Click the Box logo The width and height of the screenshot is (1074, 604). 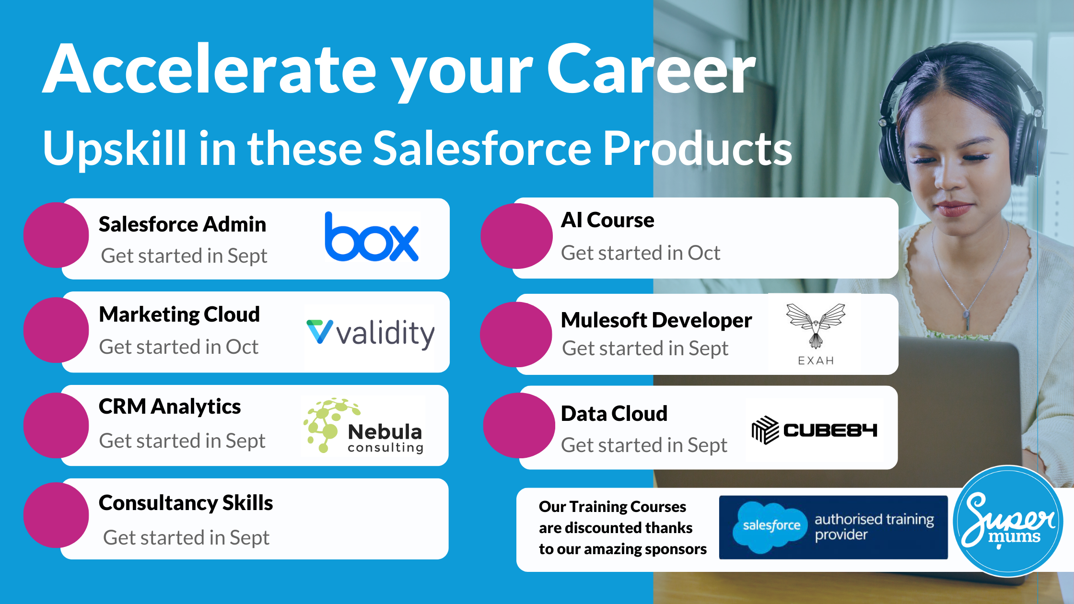(x=372, y=236)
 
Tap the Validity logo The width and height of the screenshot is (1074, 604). (x=370, y=333)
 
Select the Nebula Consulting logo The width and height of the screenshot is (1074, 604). (x=363, y=425)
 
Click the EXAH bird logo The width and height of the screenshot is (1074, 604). (x=816, y=334)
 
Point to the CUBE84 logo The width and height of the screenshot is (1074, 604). (x=814, y=430)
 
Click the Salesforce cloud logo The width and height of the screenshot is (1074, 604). (x=770, y=526)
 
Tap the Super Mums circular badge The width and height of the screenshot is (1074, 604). (x=1008, y=521)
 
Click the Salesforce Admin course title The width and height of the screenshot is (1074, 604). (x=182, y=224)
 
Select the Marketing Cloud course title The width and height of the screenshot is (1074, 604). (x=179, y=314)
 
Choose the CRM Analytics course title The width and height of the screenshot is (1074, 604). (x=170, y=407)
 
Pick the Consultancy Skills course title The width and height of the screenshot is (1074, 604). (x=186, y=503)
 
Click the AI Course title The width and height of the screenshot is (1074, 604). (x=607, y=220)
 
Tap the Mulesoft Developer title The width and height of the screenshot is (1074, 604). (x=656, y=320)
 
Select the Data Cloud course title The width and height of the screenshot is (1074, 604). (x=614, y=413)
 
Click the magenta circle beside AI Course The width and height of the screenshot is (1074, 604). (x=517, y=236)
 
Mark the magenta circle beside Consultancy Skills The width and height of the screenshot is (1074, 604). (x=57, y=515)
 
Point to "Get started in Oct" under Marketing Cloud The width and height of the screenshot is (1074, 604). (x=179, y=347)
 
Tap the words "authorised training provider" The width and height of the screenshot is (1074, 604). (x=875, y=527)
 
